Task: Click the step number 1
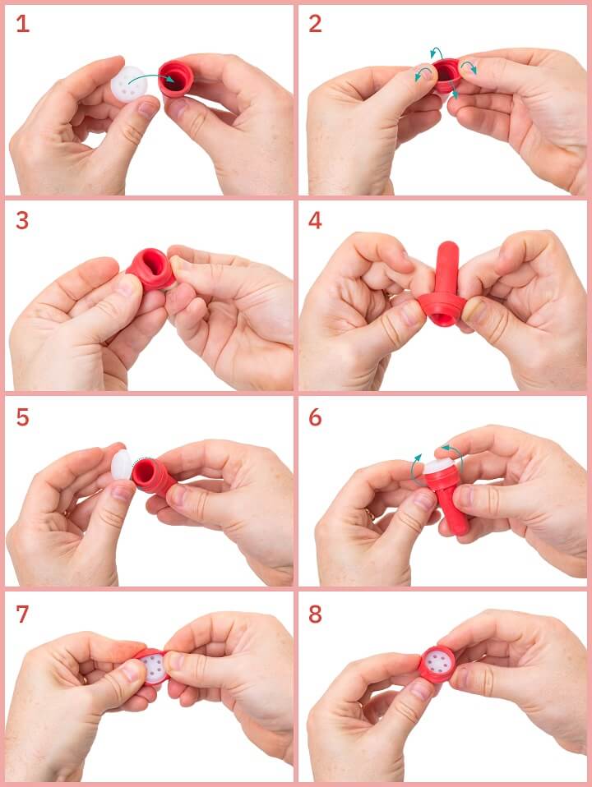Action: pos(23,24)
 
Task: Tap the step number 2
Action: pos(315,24)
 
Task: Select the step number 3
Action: pos(22,220)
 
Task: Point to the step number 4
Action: pos(315,220)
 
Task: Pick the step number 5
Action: pos(23,417)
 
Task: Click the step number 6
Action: pos(315,417)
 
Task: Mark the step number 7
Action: pos(23,614)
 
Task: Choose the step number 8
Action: pos(315,614)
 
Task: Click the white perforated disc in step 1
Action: pos(129,84)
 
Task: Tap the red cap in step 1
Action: pos(176,79)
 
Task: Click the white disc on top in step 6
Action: pos(438,466)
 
